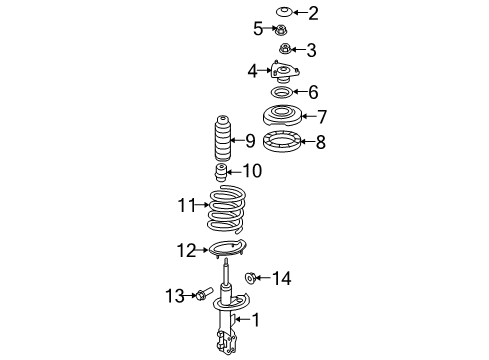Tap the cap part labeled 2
tap(284, 13)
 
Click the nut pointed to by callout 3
tap(285, 49)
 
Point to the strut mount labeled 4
tap(284, 72)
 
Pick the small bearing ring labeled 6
tap(285, 93)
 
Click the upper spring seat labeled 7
tap(285, 116)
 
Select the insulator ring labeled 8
tap(285, 142)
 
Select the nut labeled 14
tap(251, 278)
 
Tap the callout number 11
tap(184, 206)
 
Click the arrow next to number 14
tap(265, 278)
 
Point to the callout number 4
tap(253, 70)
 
